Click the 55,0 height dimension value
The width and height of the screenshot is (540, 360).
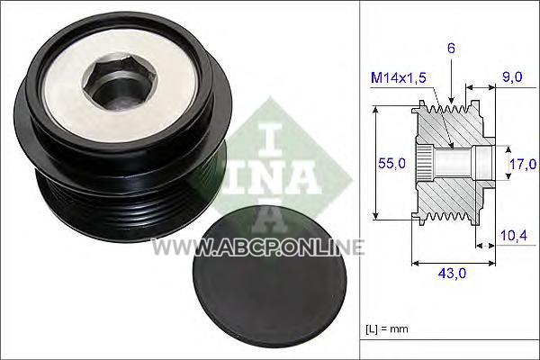coord(391,163)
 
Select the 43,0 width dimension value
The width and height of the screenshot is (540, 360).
coord(452,274)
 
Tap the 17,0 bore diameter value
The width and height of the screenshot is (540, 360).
coord(523,165)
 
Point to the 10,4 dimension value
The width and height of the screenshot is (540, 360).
coord(514,236)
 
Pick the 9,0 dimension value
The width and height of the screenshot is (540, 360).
coord(512,76)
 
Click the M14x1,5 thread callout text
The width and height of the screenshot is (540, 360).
coord(399,78)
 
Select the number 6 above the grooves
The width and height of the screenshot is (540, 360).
coord(451,49)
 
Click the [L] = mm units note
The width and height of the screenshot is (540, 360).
coord(387,329)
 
